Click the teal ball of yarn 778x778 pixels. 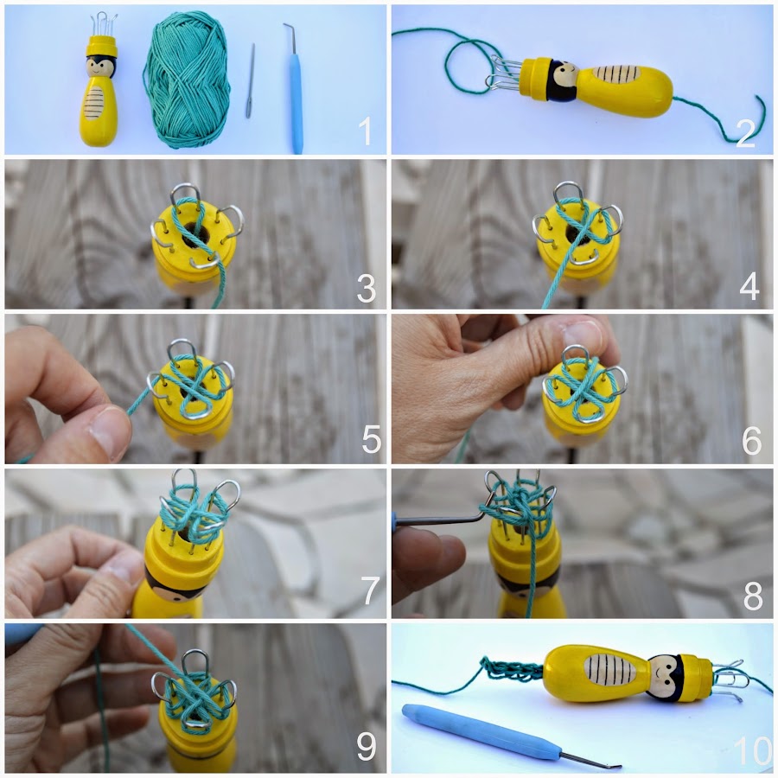point(188,80)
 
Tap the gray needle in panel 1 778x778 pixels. point(251,80)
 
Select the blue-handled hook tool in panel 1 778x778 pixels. point(294,89)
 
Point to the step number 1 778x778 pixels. point(365,131)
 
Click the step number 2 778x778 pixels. point(746,133)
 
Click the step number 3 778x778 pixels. point(367,288)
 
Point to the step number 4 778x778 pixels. point(749,286)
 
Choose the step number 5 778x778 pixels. point(372,439)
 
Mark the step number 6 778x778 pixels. point(751,441)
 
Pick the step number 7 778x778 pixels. point(371,591)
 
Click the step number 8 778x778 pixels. point(753,596)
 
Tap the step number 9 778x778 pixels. point(367,747)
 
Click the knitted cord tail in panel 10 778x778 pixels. point(511,669)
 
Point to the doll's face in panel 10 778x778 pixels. point(665,676)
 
